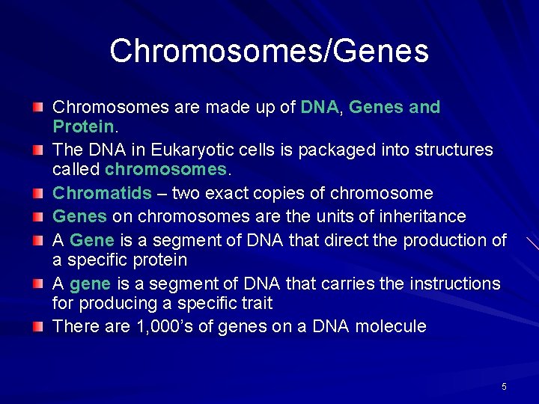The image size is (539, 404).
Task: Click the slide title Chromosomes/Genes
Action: tap(269, 52)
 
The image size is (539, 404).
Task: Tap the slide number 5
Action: tap(504, 387)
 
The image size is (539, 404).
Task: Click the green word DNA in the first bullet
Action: tap(320, 108)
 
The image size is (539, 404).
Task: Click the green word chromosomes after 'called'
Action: tap(165, 169)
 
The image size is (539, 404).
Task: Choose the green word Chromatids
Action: tap(102, 194)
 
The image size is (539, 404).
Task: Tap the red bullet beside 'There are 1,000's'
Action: tap(38, 326)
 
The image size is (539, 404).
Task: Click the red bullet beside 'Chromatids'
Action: tap(38, 193)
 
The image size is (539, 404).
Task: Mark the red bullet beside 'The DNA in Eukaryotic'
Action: tap(38, 150)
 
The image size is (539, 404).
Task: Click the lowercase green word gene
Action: tap(90, 284)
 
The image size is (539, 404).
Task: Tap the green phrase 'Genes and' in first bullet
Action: tap(395, 108)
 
